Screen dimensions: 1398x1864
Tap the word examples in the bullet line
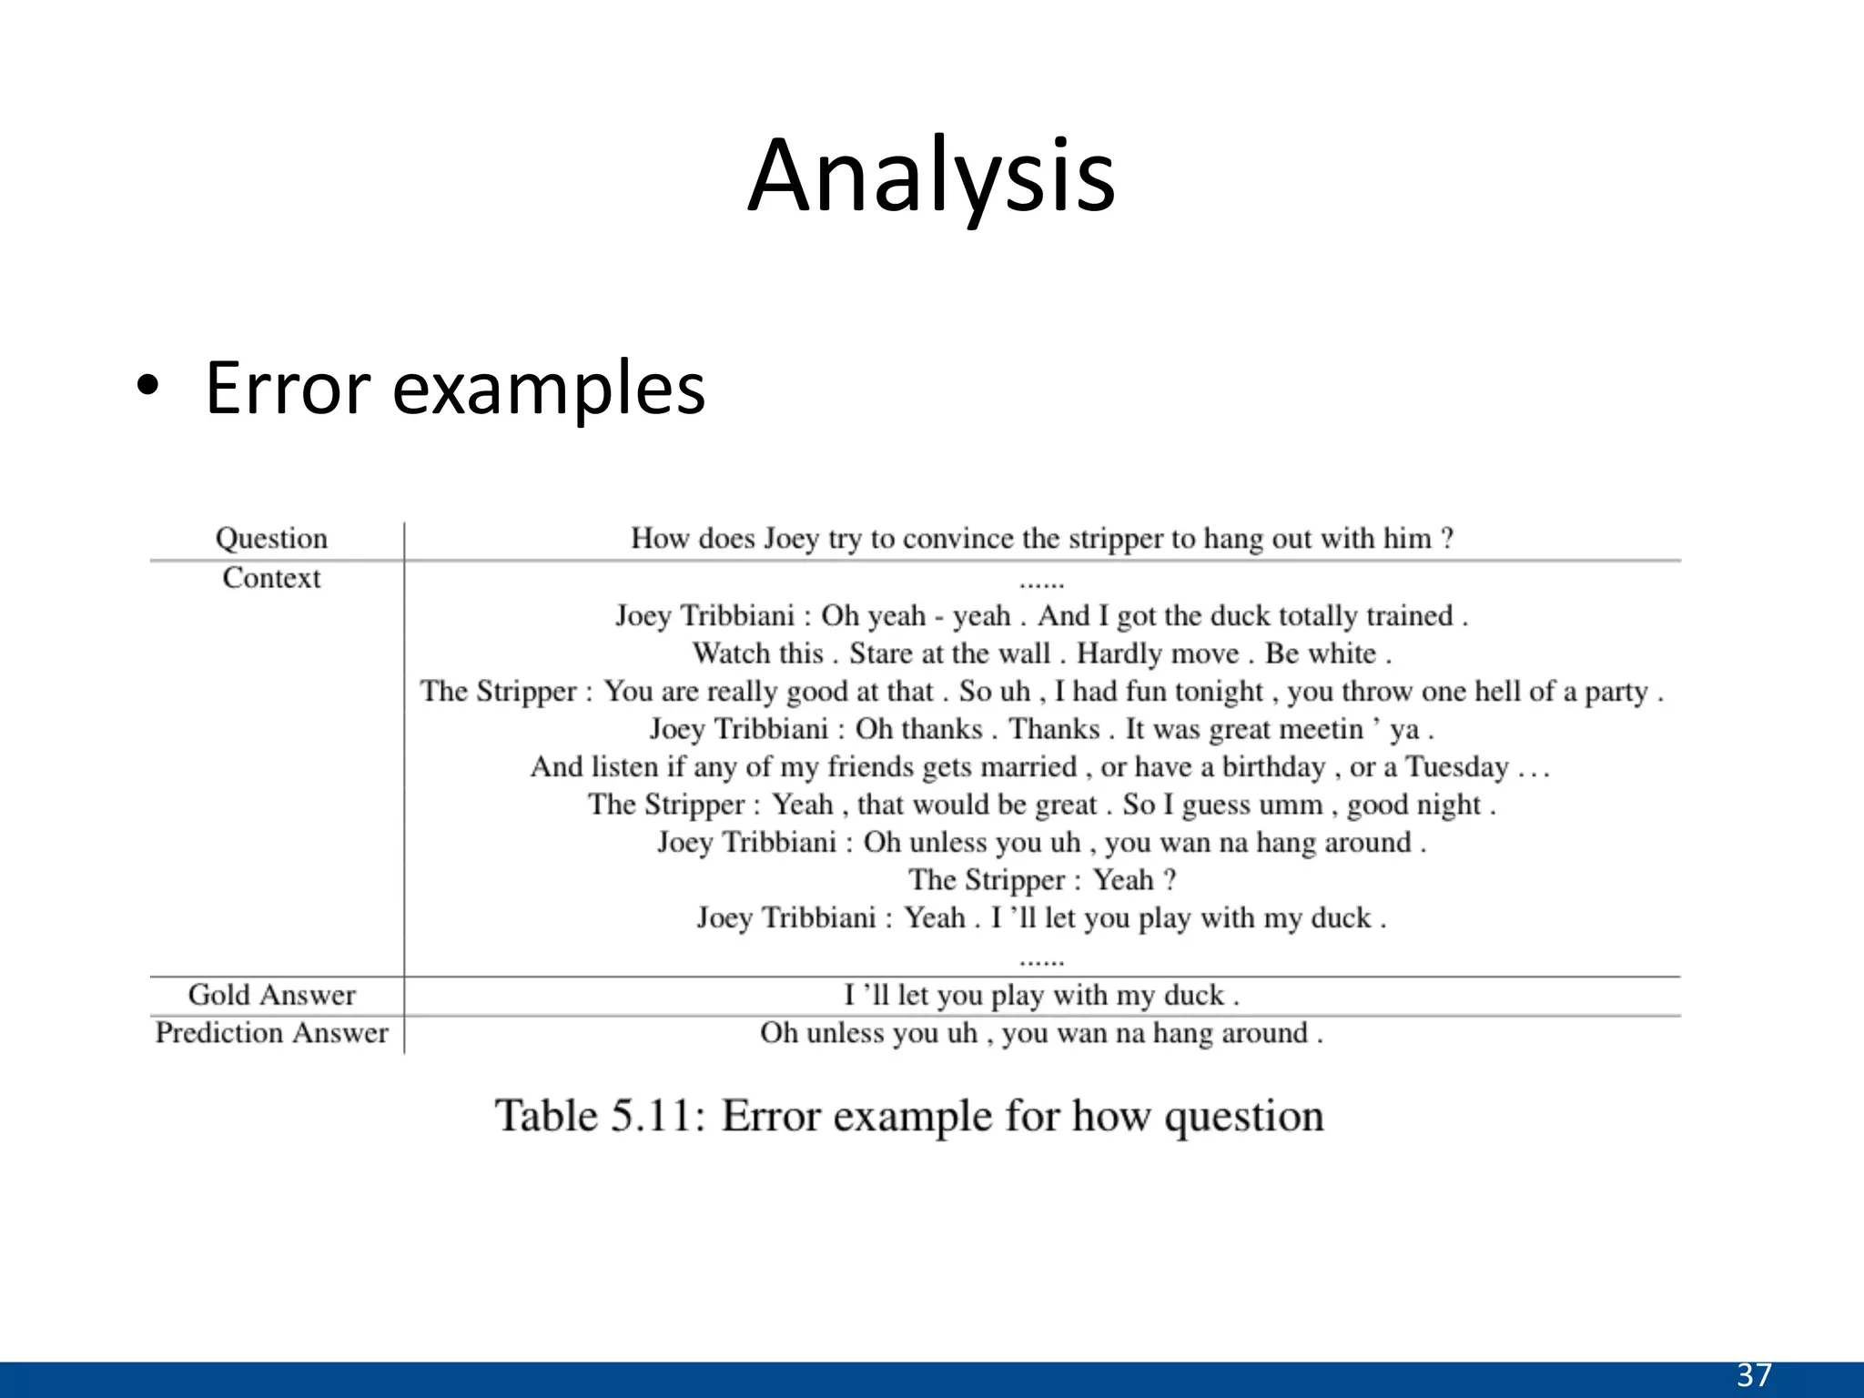coord(549,389)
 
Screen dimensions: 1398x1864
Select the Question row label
coord(271,538)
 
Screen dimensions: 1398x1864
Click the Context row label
coord(271,577)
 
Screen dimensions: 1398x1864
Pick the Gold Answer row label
coord(271,994)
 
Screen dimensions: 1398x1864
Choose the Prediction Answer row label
coord(271,1032)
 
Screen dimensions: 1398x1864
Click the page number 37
coord(1754,1374)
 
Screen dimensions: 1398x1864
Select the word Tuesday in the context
coord(1457,766)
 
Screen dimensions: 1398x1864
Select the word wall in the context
coord(1025,653)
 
